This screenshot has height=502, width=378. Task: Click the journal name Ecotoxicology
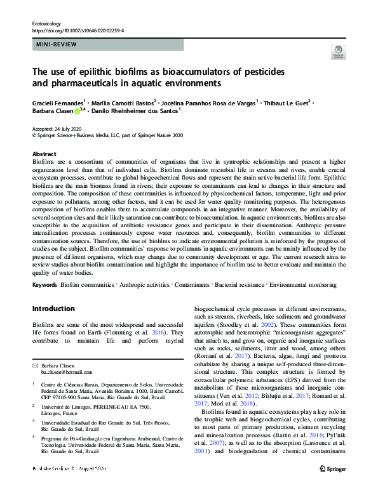pyautogui.click(x=48, y=22)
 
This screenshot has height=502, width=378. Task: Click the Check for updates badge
pyautogui.click(x=338, y=54)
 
